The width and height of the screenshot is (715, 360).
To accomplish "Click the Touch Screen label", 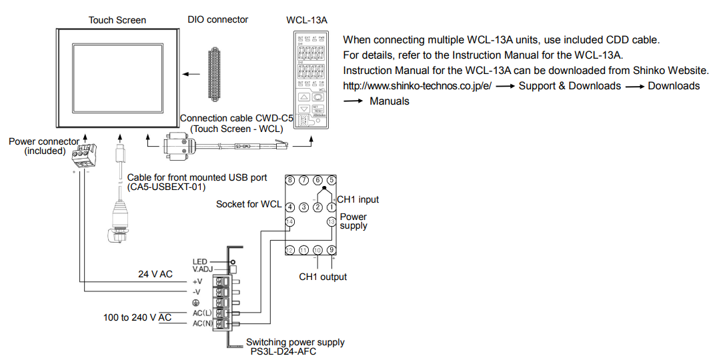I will tap(117, 20).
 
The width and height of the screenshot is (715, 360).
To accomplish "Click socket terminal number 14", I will tap(289, 221).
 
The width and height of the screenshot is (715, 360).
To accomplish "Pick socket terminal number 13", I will tap(331, 221).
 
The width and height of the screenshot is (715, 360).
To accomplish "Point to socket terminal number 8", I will tap(289, 180).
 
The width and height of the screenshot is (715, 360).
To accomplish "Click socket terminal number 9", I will tap(331, 250).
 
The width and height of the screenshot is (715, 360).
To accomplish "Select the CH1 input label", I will tap(358, 199).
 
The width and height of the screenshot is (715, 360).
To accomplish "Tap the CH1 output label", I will tap(323, 277).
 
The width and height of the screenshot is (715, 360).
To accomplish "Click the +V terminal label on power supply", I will tap(197, 281).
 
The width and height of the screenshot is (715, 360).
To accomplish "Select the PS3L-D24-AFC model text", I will tap(283, 352).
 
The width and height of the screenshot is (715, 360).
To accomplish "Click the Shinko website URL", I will tap(417, 86).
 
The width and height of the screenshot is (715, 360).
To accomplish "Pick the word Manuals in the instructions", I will tap(390, 101).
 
